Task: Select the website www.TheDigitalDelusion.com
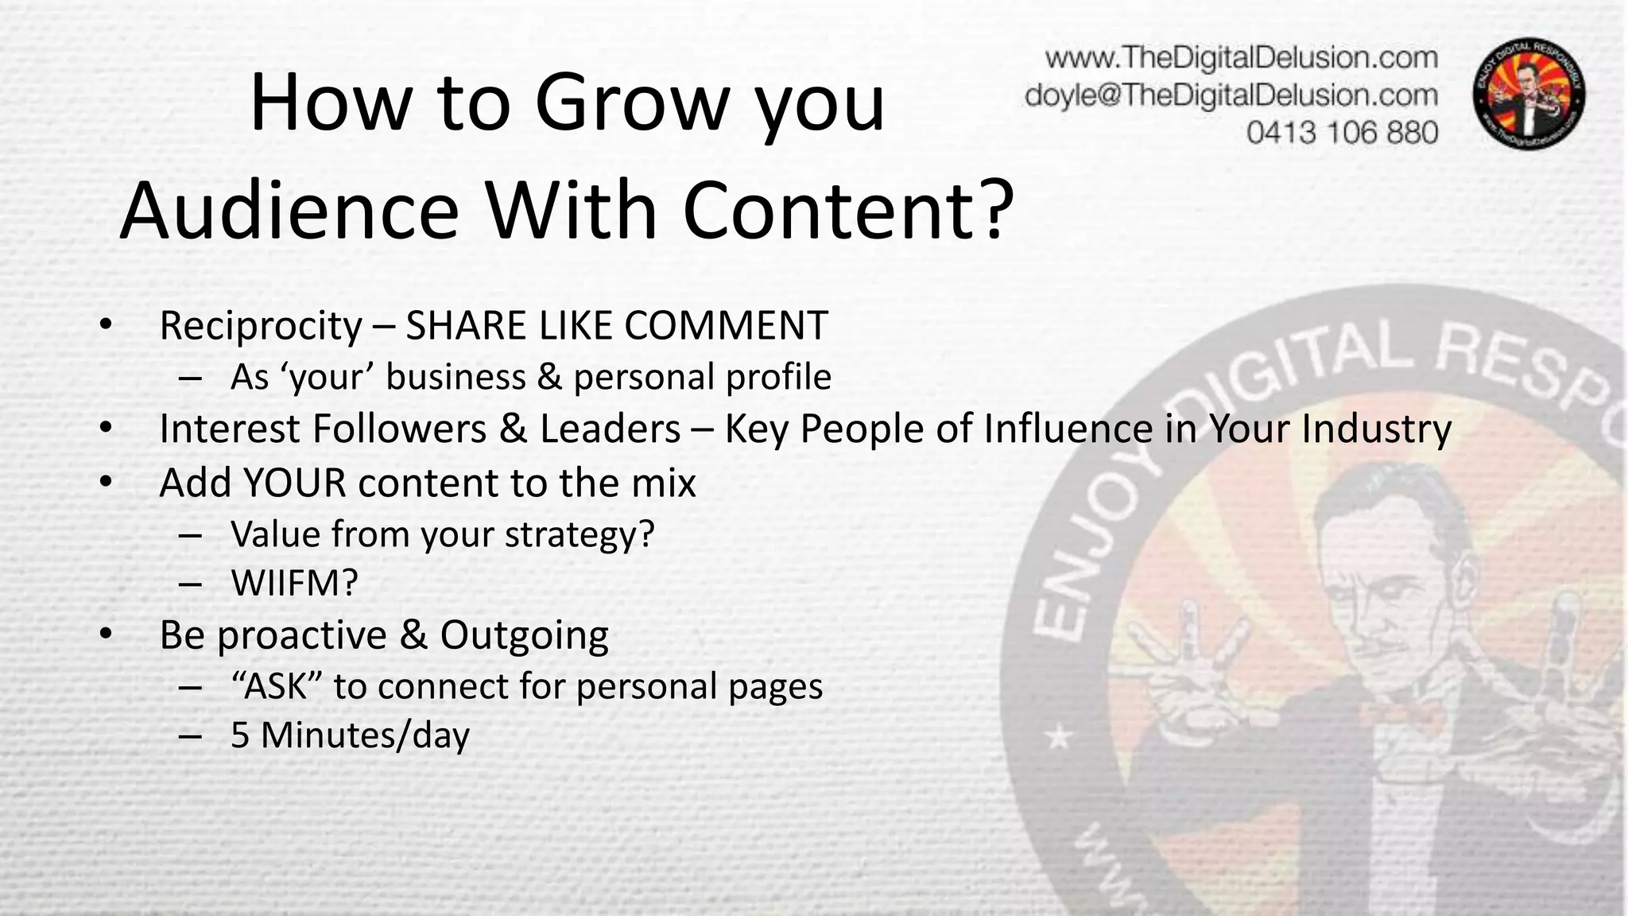coord(1241,58)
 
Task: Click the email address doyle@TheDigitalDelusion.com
coord(1231,95)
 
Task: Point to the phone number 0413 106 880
coord(1342,132)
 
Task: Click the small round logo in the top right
coord(1529,95)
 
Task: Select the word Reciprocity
coord(261,326)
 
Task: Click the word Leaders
coord(610,429)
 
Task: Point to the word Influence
coord(1068,429)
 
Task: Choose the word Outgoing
coord(524,635)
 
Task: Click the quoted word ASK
coord(276,686)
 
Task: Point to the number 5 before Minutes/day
coord(240,736)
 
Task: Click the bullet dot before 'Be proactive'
coord(107,635)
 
